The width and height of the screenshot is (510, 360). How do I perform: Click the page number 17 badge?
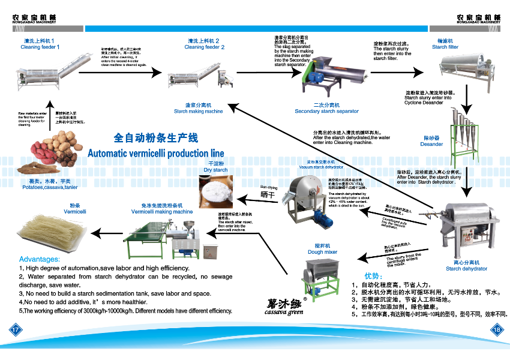pyautogui.click(x=14, y=329)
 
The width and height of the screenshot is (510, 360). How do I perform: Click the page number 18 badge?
pyautogui.click(x=496, y=329)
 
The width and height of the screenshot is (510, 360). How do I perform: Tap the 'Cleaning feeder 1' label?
pyautogui.click(x=40, y=47)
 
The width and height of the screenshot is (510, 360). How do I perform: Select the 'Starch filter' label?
pyautogui.click(x=445, y=47)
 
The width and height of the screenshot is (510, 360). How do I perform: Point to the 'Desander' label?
pyautogui.click(x=432, y=144)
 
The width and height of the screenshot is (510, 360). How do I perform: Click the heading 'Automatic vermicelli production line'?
pyautogui.click(x=156, y=153)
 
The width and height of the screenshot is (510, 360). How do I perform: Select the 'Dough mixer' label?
pyautogui.click(x=322, y=252)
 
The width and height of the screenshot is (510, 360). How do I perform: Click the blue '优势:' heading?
pyautogui.click(x=373, y=275)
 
